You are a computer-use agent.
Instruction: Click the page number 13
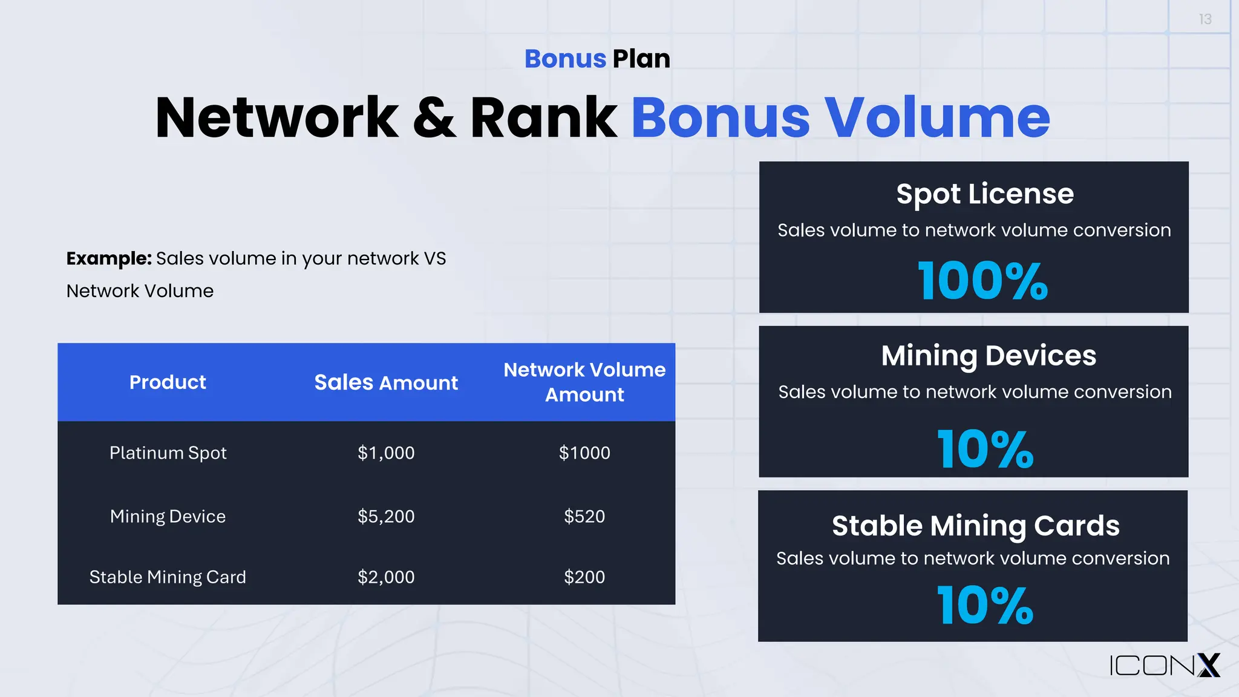coord(1205,20)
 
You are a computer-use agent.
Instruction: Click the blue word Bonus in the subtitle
coord(565,59)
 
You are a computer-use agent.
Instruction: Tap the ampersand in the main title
coord(434,118)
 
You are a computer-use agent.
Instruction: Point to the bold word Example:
coord(109,259)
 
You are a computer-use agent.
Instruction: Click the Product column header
coord(168,382)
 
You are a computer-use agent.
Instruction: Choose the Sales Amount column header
coord(386,382)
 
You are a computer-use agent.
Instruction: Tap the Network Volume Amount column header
coord(584,382)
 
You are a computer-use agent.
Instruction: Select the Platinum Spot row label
coord(168,453)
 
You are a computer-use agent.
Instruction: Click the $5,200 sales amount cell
coord(386,517)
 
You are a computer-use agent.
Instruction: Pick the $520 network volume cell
coord(584,517)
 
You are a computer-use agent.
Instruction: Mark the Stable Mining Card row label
coord(168,577)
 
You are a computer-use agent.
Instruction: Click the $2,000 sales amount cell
coord(386,577)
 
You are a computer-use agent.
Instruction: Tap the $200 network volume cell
coord(584,577)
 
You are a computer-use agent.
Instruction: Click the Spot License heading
coord(985,194)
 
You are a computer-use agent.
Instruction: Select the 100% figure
coord(982,281)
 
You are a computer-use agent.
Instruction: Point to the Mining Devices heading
coord(989,356)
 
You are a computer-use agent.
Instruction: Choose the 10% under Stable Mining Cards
coord(985,605)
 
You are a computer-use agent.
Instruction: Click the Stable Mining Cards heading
coord(975,526)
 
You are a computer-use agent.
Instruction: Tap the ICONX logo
coord(1165,666)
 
